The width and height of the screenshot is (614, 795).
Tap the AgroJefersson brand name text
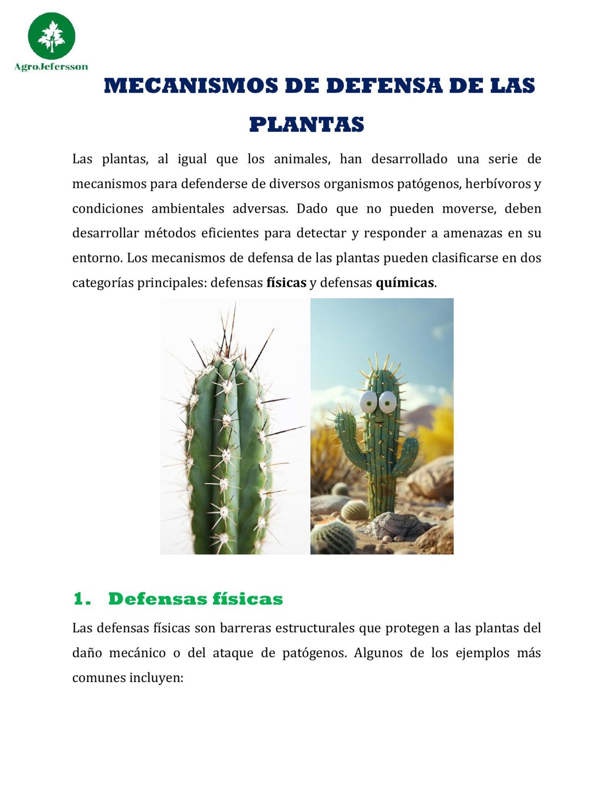[x=51, y=67]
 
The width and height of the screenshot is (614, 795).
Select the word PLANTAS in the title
[x=307, y=125]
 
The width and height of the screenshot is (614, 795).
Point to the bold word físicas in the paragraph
[x=286, y=283]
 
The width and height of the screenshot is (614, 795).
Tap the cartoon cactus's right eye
[x=388, y=402]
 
